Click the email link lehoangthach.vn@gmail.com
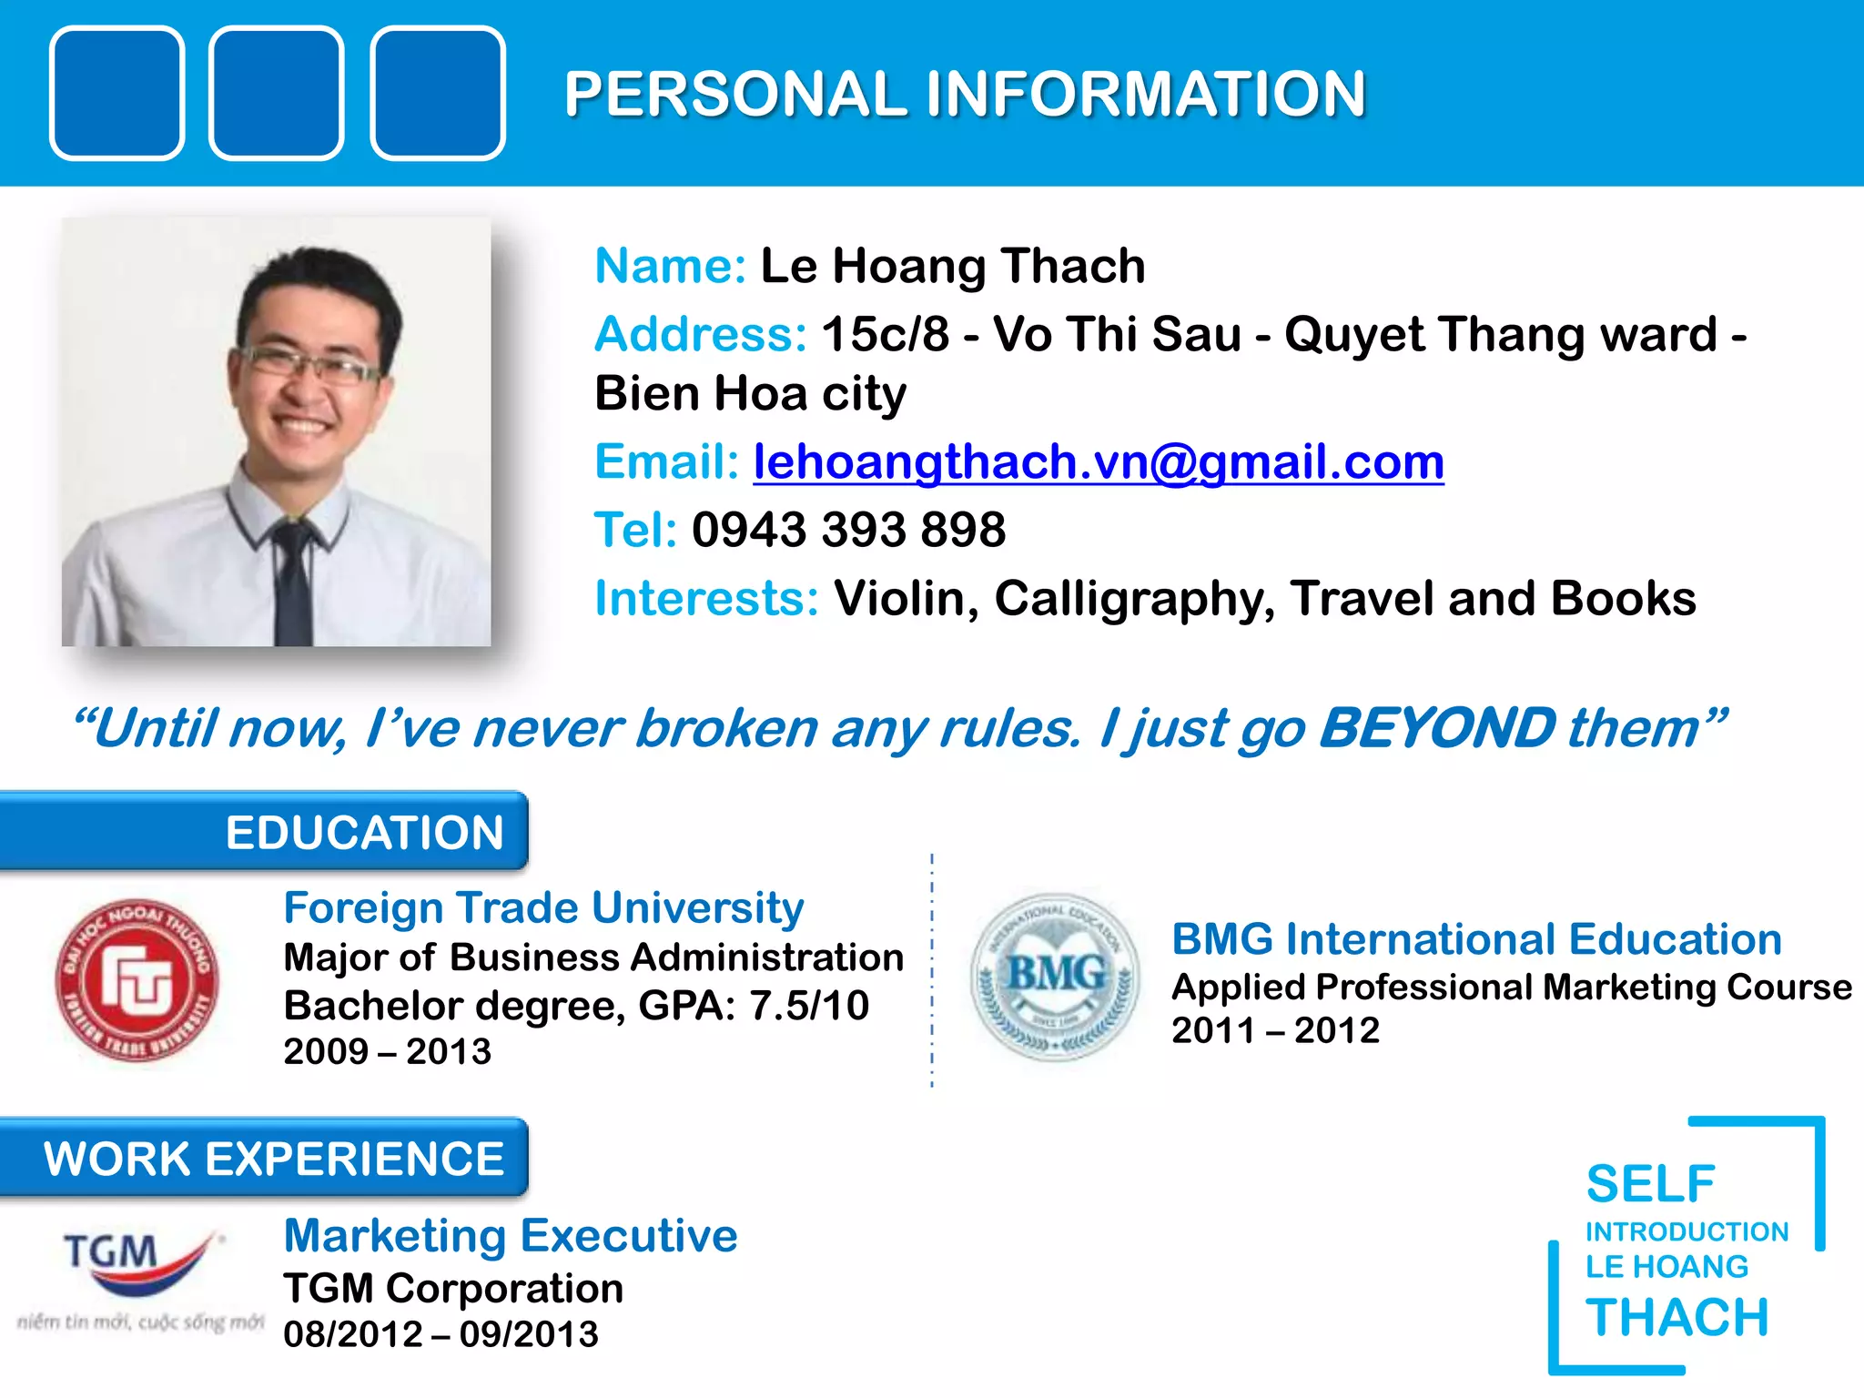coord(1098,462)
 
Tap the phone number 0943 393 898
coord(848,530)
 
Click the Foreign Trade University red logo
coord(137,980)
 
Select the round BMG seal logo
coord(1054,977)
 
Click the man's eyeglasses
coord(309,365)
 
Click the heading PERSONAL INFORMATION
coord(965,94)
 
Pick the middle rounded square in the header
coord(276,94)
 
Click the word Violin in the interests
coord(899,599)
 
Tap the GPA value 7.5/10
coord(809,1006)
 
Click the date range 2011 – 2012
coord(1275,1030)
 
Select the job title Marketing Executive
coord(510,1236)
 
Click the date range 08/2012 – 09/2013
coord(441,1334)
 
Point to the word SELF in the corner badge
coord(1650,1184)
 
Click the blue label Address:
coord(700,334)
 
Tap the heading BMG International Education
coord(1475,939)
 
